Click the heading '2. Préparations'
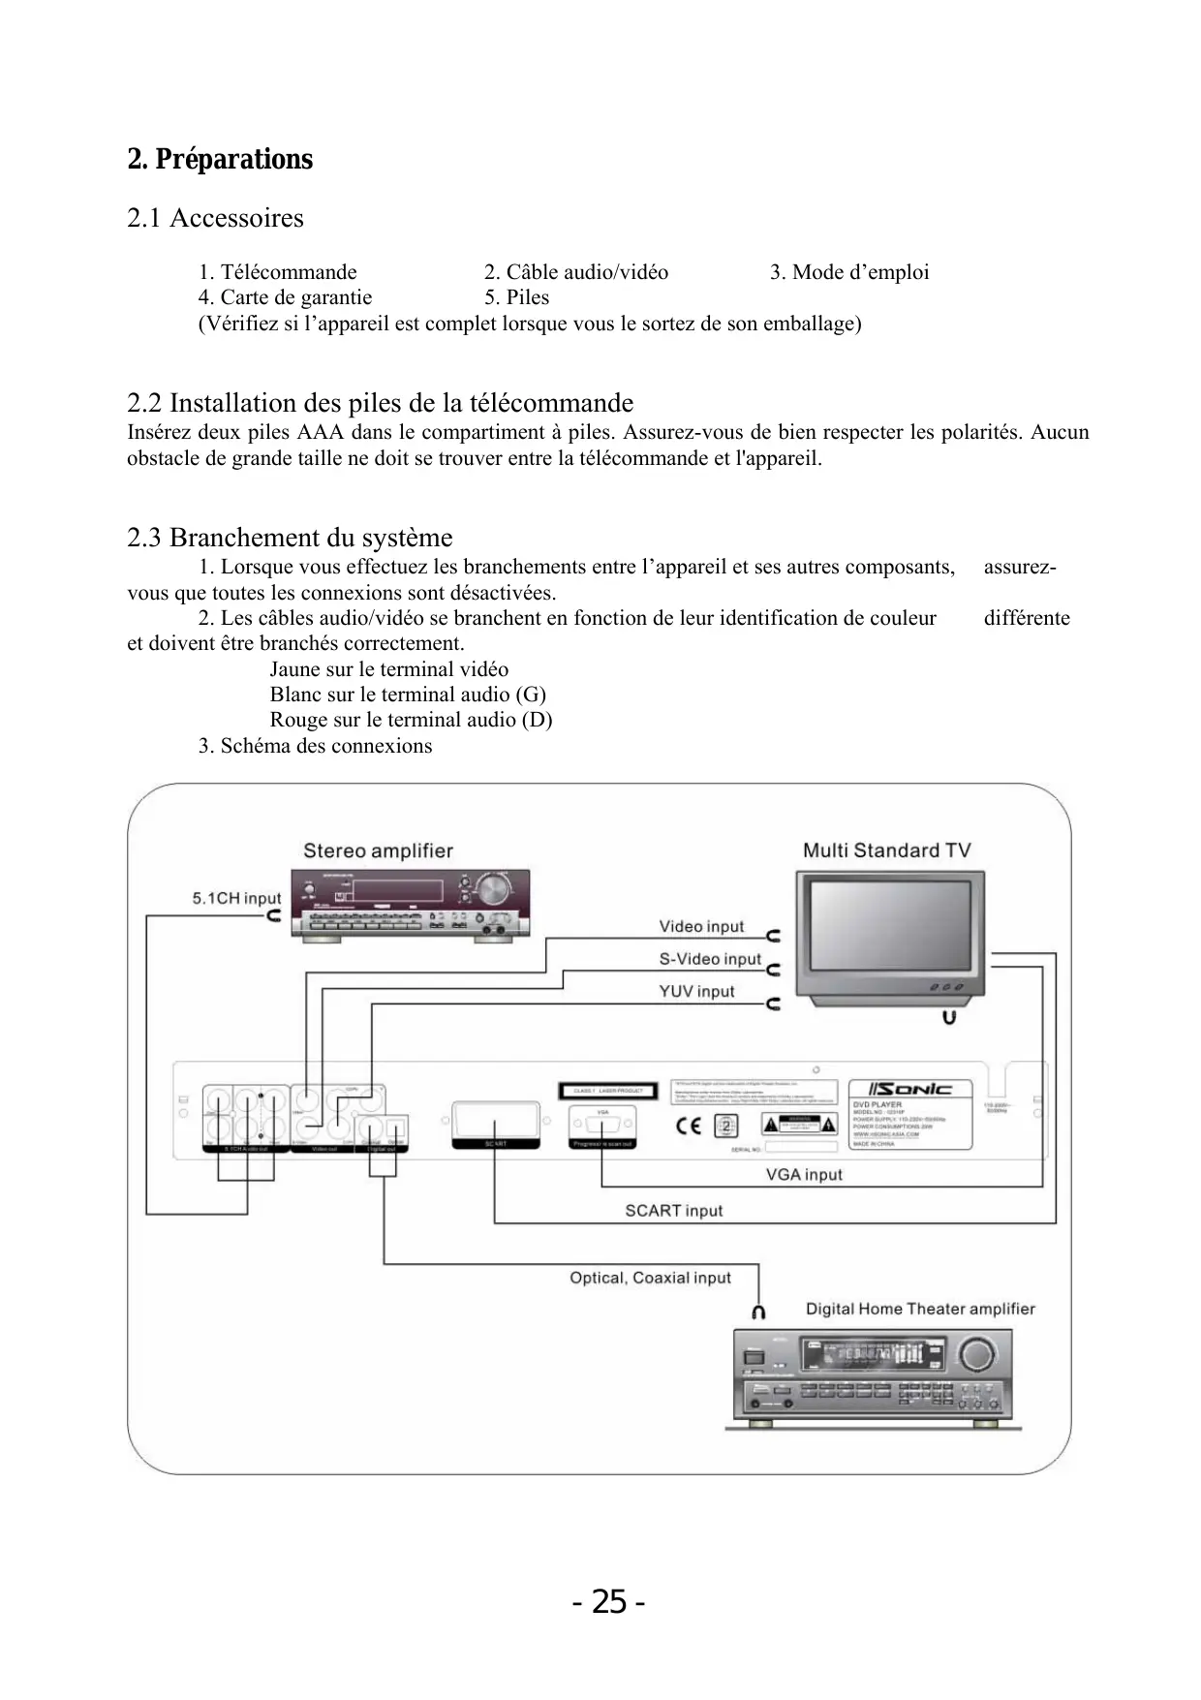pos(220,159)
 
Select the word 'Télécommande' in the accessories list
pos(289,272)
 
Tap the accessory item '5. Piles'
pos(516,297)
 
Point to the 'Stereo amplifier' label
pos(378,850)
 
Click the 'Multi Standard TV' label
pos(886,850)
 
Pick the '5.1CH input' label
pos(236,898)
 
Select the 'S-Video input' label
pos(710,959)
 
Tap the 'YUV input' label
pos(696,991)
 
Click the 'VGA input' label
pos(804,1174)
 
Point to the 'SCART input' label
pos(673,1210)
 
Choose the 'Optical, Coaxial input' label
pos(650,1278)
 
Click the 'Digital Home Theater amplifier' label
pos(920,1309)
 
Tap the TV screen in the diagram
pos(889,924)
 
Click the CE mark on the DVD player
pos(689,1126)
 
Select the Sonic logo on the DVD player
pos(909,1089)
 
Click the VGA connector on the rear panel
pos(602,1125)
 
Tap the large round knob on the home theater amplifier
pos(977,1354)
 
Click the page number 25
pos(608,1602)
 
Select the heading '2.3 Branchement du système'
pos(290,538)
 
